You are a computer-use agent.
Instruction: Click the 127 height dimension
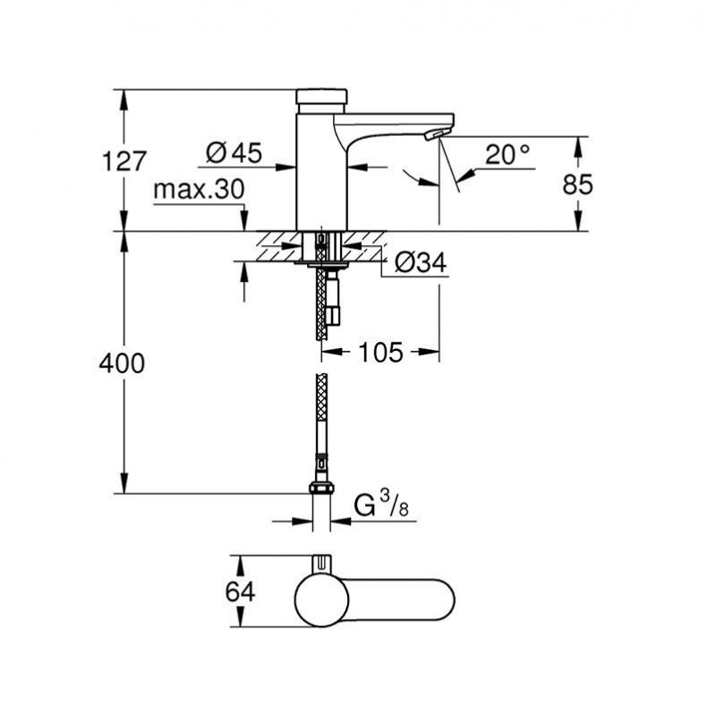point(124,161)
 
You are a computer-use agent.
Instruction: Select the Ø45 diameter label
point(234,152)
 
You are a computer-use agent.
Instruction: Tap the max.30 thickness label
point(199,189)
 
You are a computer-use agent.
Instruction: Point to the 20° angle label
point(507,155)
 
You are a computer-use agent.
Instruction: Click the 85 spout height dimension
point(577,185)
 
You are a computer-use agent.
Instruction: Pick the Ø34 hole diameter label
point(421,262)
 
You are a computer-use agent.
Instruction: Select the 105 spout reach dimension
point(381,352)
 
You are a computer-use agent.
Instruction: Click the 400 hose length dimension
point(122,363)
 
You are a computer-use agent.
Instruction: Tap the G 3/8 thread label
point(382,506)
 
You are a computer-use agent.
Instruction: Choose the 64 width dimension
point(240,592)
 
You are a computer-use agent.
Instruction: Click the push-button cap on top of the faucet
point(321,97)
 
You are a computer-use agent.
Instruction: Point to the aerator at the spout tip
point(434,134)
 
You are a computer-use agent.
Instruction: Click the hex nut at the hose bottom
point(321,488)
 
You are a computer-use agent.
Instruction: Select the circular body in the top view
point(321,600)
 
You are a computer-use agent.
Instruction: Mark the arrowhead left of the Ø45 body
point(286,167)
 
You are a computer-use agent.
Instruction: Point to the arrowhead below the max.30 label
point(243,221)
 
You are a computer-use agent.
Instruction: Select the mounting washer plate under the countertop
point(321,263)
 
